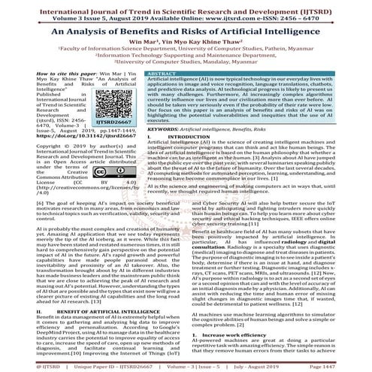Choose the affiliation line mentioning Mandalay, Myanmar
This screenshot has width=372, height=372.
(x=186, y=62)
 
